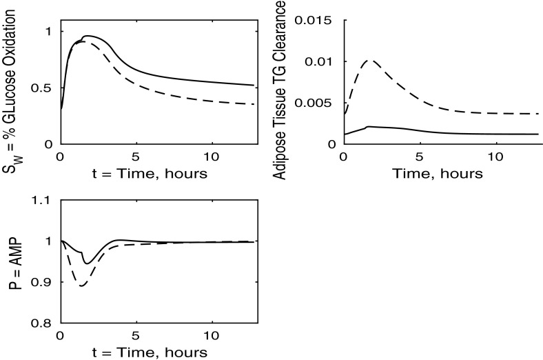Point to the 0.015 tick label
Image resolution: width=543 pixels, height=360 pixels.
[x=312, y=21]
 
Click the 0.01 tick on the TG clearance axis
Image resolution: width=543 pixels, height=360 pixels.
[x=318, y=62]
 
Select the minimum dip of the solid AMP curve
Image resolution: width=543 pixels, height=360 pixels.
[x=86, y=263]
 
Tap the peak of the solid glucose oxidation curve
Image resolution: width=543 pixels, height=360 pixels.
[x=85, y=36]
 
